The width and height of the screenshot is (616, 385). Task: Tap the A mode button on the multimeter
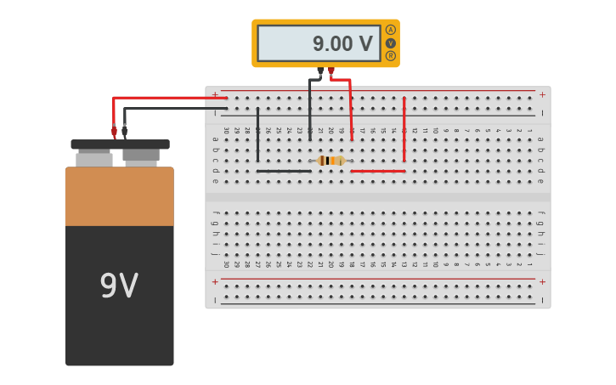pyautogui.click(x=390, y=30)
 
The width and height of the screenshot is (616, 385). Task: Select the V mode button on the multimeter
pyautogui.click(x=390, y=42)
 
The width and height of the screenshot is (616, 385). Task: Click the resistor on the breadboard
pyautogui.click(x=331, y=161)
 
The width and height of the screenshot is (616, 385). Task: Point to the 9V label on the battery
pyautogui.click(x=119, y=286)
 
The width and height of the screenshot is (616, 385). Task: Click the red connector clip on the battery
pyautogui.click(x=114, y=131)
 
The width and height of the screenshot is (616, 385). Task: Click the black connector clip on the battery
pyautogui.click(x=125, y=131)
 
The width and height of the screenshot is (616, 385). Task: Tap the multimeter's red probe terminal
pyautogui.click(x=331, y=71)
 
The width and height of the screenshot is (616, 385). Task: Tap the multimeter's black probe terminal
pyautogui.click(x=320, y=71)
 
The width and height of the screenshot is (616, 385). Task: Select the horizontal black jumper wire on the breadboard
pyautogui.click(x=284, y=171)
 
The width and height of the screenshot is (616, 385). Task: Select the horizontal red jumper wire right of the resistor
pyautogui.click(x=377, y=171)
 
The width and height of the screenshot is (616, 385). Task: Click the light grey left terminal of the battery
pyautogui.click(x=93, y=159)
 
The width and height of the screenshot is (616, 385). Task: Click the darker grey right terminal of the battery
pyautogui.click(x=141, y=156)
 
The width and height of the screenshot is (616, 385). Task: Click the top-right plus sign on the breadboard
pyautogui.click(x=542, y=94)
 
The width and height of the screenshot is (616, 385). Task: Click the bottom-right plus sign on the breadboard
pyautogui.click(x=542, y=281)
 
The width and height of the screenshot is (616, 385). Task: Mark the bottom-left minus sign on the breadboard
pyautogui.click(x=215, y=299)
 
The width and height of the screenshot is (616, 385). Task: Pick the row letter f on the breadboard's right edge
pyautogui.click(x=540, y=214)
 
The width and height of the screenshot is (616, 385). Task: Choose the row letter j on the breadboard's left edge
pyautogui.click(x=215, y=253)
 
